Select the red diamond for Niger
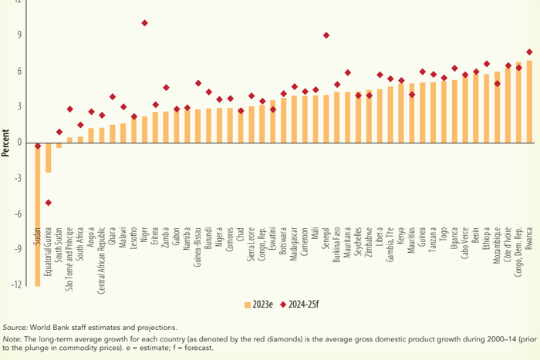point(144,23)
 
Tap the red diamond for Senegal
point(326,35)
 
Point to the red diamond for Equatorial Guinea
point(48,203)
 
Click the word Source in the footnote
point(15,328)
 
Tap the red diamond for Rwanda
point(528,52)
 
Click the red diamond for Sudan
point(37,145)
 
